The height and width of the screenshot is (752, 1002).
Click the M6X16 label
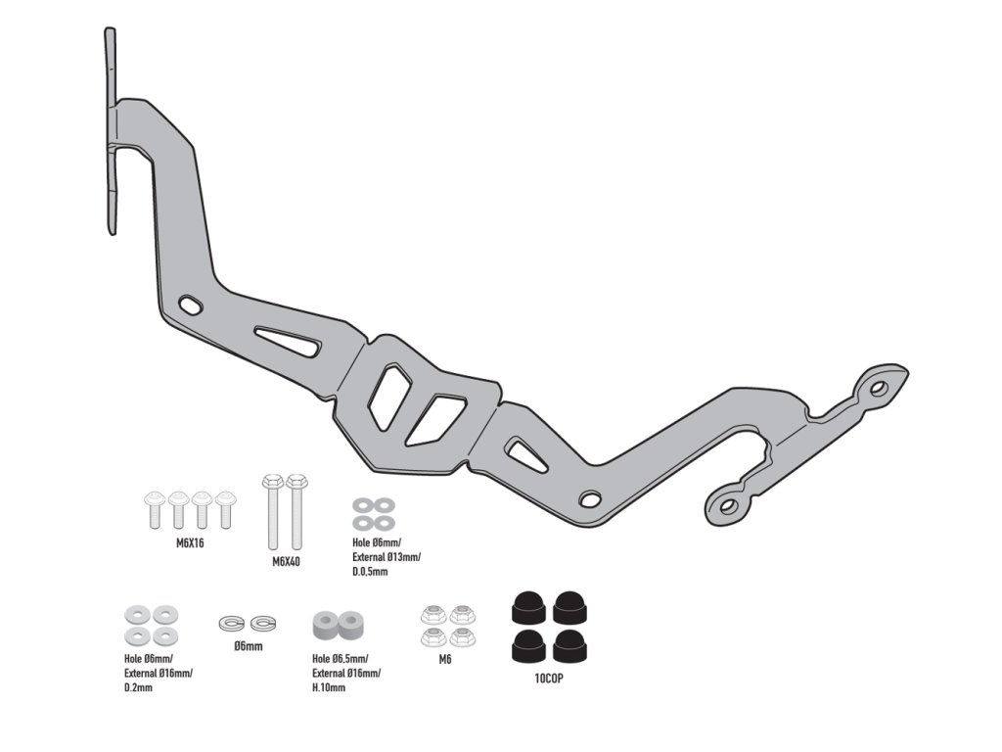184,542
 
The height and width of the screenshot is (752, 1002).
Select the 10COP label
548,676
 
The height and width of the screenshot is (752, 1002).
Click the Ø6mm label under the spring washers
248,646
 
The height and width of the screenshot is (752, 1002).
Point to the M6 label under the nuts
446,659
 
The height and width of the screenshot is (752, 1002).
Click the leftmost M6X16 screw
154,509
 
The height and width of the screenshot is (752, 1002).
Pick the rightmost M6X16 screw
225,509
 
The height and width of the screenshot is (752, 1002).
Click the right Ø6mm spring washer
262,622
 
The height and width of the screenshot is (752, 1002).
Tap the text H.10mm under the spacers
332,687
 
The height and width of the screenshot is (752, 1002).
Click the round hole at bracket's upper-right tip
878,388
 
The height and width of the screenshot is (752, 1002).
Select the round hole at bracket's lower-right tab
727,505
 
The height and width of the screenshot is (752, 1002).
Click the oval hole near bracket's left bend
192,306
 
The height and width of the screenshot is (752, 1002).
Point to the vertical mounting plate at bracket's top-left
111,132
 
